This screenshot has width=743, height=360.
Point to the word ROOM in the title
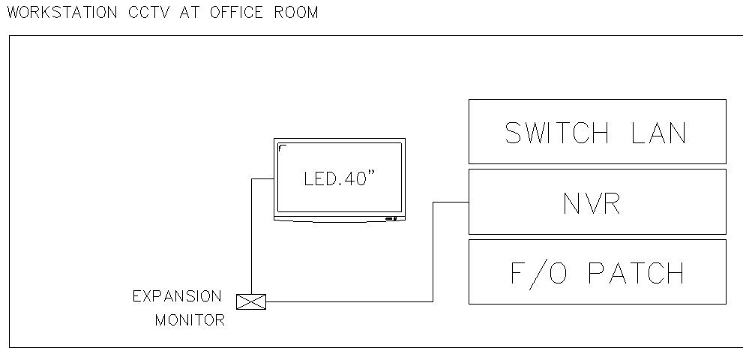click(x=296, y=12)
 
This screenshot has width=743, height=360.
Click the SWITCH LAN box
click(x=597, y=131)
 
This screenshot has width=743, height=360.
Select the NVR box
click(x=597, y=201)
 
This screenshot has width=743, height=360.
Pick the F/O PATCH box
click(x=597, y=271)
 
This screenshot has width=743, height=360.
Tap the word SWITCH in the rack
click(x=557, y=133)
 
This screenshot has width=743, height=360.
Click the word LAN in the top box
click(x=658, y=133)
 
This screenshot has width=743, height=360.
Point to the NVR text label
click(x=592, y=203)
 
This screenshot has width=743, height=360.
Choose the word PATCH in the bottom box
click(x=637, y=273)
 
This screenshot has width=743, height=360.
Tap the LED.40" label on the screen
click(x=339, y=180)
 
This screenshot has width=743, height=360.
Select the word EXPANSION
click(x=177, y=296)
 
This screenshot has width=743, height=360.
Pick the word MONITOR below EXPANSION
click(x=190, y=320)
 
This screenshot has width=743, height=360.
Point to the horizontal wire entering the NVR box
click(x=451, y=202)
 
